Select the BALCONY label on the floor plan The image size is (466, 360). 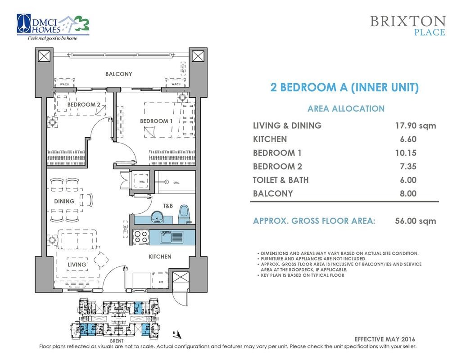(x=119, y=74)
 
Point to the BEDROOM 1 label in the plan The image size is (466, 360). (x=156, y=121)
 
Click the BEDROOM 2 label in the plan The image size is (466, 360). (x=84, y=105)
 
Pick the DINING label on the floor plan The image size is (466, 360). (x=64, y=201)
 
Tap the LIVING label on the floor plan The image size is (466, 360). (x=77, y=265)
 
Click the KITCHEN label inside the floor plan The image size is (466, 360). (x=160, y=256)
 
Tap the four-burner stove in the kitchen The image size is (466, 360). (x=141, y=237)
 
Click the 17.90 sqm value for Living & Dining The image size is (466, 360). (x=415, y=126)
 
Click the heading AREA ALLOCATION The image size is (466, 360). (x=346, y=108)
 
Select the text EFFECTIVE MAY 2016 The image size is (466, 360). (x=385, y=339)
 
